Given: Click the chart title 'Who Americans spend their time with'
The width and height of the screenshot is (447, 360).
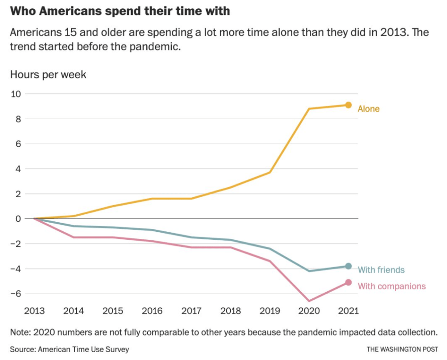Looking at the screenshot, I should click(x=120, y=11).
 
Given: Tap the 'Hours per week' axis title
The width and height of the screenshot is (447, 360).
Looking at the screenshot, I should click(x=48, y=75).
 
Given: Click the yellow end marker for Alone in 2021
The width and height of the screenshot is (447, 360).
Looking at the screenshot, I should click(x=348, y=105).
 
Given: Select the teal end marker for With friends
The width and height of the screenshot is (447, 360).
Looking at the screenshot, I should click(x=348, y=266).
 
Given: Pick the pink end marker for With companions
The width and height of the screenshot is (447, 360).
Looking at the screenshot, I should click(x=348, y=283).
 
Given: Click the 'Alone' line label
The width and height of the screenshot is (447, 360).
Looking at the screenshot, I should click(x=369, y=109).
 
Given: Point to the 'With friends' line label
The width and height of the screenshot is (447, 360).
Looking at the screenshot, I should click(x=381, y=270).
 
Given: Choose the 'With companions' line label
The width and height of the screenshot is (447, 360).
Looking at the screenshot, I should click(x=392, y=287).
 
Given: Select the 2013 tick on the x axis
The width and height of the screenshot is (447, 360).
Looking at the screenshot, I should click(x=34, y=311).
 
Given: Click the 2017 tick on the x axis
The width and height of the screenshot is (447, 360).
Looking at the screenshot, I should click(x=191, y=311).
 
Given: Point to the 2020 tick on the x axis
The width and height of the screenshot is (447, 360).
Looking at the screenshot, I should click(x=309, y=311).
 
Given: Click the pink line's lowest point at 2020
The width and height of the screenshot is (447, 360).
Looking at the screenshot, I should click(x=309, y=301).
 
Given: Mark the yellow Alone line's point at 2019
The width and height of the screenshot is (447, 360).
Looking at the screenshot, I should click(x=270, y=172).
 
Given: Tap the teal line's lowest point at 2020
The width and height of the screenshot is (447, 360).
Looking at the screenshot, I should click(x=309, y=271).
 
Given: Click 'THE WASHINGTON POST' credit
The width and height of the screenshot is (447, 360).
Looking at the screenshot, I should click(x=402, y=349).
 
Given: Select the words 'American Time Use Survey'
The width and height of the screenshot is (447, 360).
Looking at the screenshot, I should click(x=83, y=349).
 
